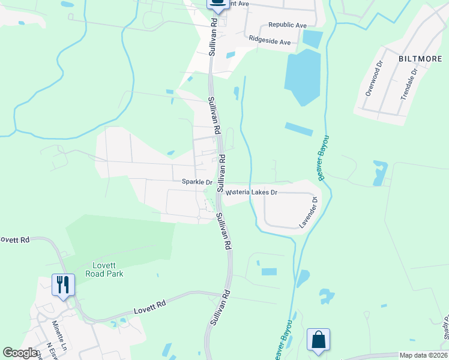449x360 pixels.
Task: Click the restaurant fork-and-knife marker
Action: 63,284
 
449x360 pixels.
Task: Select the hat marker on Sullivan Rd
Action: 218,4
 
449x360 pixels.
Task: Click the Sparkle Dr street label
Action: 197,182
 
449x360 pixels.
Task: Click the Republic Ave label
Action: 288,25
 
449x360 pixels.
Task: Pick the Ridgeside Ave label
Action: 270,43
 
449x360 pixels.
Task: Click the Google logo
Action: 20,353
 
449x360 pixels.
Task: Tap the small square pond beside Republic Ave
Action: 312,40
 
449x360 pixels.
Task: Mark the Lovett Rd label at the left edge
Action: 14,240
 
